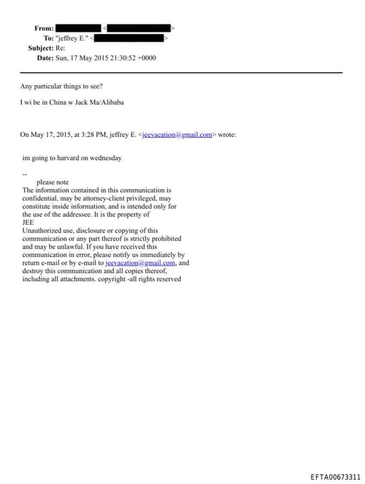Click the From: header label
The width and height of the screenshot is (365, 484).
click(43, 28)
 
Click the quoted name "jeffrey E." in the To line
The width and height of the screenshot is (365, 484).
click(73, 38)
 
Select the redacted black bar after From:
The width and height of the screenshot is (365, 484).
click(78, 28)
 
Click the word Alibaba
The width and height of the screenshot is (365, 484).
click(110, 102)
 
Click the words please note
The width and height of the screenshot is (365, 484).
click(52, 182)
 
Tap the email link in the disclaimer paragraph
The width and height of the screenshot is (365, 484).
click(140, 263)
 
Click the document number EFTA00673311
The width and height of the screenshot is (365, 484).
click(335, 477)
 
